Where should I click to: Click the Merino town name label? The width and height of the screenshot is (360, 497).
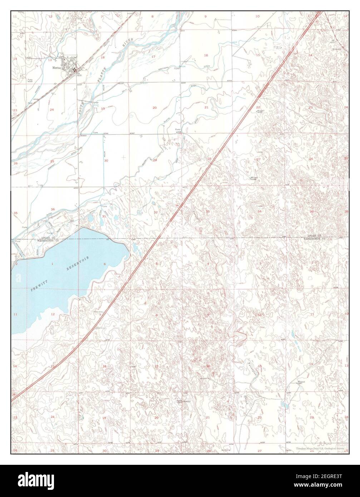[x=55, y=67]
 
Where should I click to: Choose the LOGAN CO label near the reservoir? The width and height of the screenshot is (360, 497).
[x=48, y=238]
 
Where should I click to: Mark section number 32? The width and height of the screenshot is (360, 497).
[x=156, y=212]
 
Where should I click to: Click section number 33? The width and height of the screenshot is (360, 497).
[x=208, y=212]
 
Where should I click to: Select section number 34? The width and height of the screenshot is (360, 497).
[x=260, y=212]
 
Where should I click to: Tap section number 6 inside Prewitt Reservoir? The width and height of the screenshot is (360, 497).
[x=105, y=264]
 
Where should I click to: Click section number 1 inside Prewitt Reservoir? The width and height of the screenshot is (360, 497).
[x=53, y=264]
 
